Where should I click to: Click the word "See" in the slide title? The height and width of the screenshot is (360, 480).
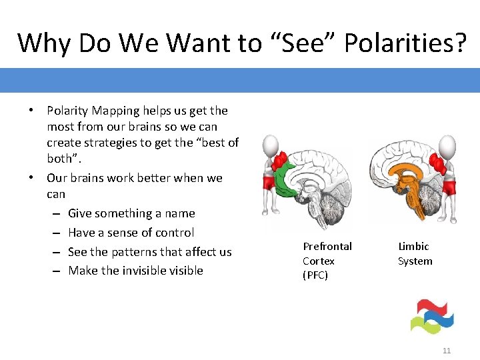293,43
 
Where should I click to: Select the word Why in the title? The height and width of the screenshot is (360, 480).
45,43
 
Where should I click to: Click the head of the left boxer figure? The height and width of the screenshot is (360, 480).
270,145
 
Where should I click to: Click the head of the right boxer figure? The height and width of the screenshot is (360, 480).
447,145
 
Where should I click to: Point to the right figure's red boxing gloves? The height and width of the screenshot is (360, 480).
438,164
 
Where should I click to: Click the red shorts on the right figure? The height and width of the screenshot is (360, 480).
449,185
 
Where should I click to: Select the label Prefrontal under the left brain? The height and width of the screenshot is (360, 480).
327,247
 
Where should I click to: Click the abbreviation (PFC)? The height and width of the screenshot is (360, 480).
315,275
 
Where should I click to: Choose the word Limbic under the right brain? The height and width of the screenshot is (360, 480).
413,247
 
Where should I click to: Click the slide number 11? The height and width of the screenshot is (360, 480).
447,351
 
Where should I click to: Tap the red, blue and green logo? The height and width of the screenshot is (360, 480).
431,316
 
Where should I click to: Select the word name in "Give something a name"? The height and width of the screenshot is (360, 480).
180,213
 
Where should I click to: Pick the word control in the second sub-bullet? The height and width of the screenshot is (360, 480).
173,233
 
